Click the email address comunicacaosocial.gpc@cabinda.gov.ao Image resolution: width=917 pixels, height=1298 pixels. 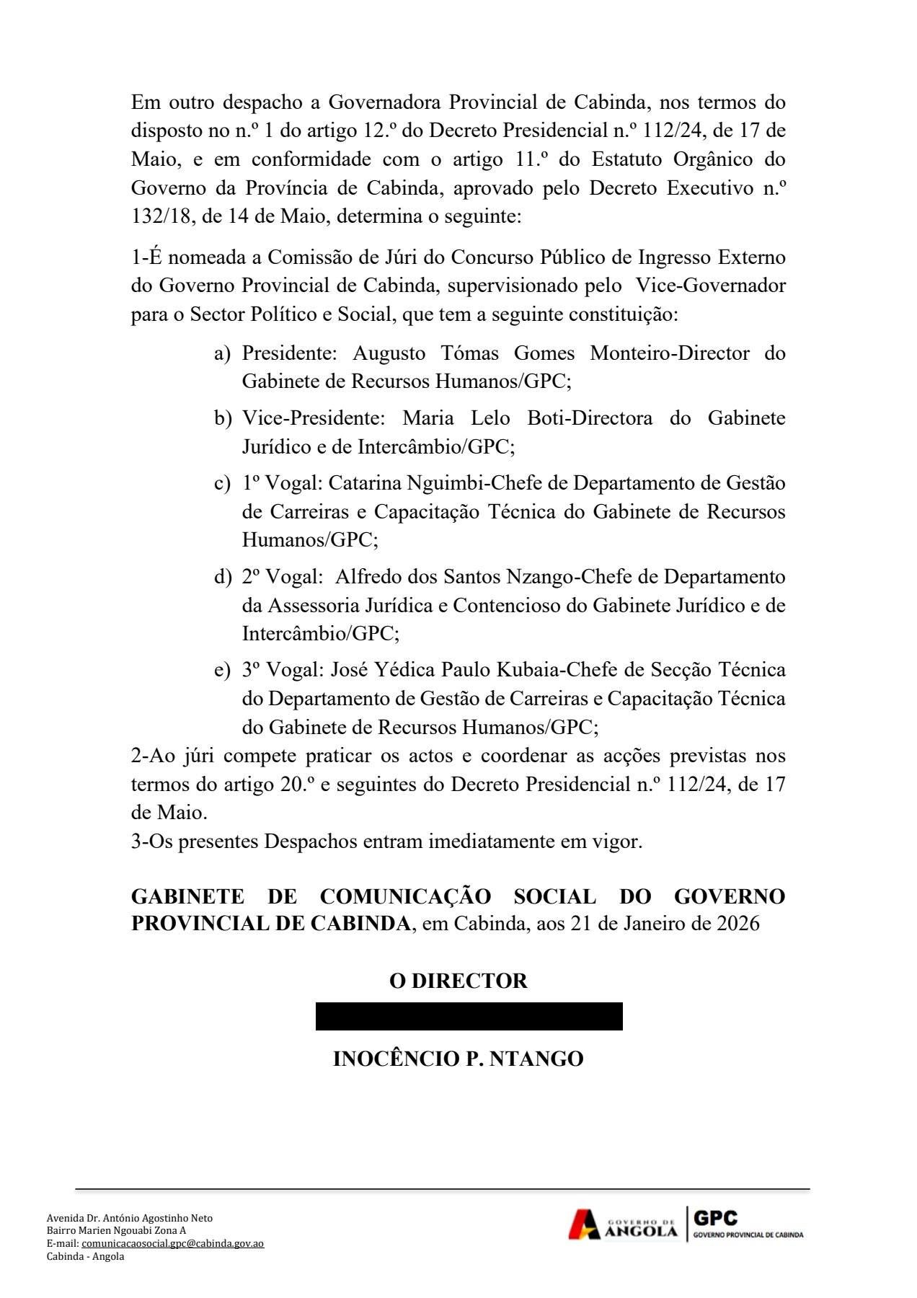172,1243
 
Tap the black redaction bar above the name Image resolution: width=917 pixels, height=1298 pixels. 469,1016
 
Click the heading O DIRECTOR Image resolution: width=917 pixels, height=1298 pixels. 458,981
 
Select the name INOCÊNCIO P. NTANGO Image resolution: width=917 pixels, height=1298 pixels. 458,1059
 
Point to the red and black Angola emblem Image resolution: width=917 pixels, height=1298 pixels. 584,1224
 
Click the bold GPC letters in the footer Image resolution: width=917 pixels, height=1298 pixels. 715,1218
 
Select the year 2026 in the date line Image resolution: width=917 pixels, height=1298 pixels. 737,924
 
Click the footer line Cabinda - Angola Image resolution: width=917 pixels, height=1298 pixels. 85,1256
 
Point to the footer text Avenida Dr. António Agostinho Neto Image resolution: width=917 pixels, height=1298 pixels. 130,1218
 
